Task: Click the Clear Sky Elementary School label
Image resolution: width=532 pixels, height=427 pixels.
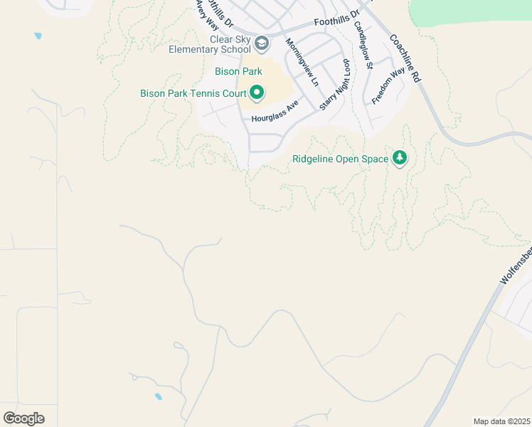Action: [x=210, y=44]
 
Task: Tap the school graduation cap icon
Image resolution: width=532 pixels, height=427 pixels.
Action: [x=262, y=44]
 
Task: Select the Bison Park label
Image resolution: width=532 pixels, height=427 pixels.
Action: [x=238, y=71]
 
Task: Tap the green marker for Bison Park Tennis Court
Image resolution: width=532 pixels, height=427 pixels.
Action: [x=257, y=93]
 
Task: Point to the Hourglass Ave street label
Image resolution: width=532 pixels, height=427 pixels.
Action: [x=275, y=111]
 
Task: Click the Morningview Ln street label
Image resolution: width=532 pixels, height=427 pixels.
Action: [x=302, y=63]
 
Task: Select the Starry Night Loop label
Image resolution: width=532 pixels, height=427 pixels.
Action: [x=335, y=85]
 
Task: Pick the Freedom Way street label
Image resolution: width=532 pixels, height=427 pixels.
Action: [x=388, y=86]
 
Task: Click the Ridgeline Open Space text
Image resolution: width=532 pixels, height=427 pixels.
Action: [x=340, y=159]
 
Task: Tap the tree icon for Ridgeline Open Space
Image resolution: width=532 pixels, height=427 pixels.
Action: [x=400, y=158]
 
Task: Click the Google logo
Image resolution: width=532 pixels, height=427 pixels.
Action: [x=23, y=418]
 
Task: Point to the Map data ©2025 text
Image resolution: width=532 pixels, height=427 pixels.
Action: [x=502, y=421]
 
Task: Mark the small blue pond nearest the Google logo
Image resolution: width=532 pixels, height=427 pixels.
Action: [x=158, y=396]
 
